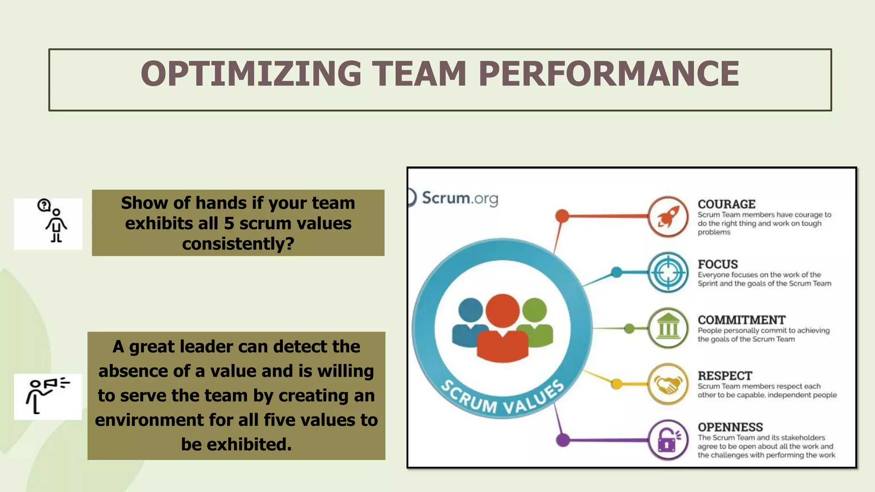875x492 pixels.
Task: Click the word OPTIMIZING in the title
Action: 251,73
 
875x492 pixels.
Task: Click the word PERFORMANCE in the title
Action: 609,73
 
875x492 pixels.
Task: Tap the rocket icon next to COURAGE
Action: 668,217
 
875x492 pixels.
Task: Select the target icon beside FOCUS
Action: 668,272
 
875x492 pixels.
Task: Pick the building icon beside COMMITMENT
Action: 668,328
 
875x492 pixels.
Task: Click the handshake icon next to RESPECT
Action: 668,384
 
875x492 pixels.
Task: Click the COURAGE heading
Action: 726,204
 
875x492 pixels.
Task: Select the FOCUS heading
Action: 718,264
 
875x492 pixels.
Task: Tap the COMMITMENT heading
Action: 741,320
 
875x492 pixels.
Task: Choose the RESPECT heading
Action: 725,376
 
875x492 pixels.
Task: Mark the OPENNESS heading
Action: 730,427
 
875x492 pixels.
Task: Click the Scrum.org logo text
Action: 460,198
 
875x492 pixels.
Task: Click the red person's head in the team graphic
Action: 502,311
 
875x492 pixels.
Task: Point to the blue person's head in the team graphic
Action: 470,310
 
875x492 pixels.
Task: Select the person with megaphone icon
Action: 47,395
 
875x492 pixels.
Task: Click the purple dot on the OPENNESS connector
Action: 563,440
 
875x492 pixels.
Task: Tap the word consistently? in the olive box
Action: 238,244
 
